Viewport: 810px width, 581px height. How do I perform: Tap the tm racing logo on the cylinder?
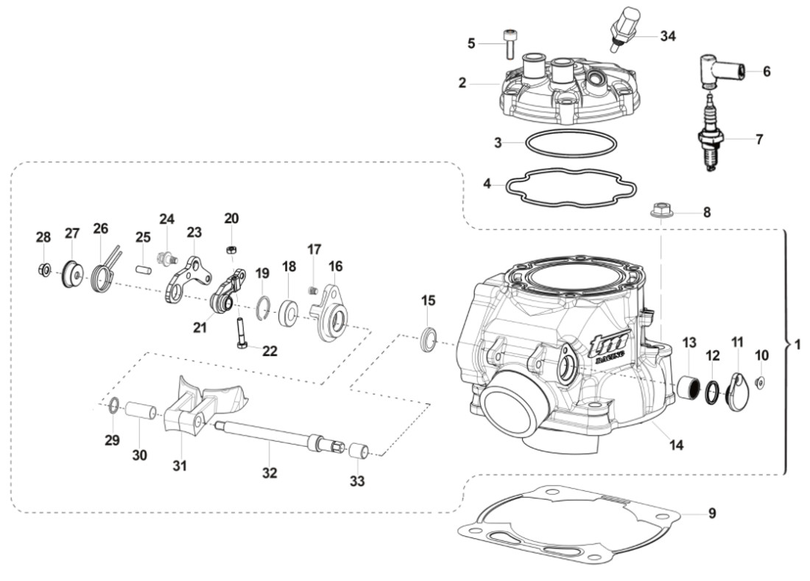point(611,346)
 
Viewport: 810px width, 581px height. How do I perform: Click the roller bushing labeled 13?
point(690,386)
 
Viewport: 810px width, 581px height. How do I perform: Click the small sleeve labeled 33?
point(358,450)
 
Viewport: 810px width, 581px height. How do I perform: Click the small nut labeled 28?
point(43,271)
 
